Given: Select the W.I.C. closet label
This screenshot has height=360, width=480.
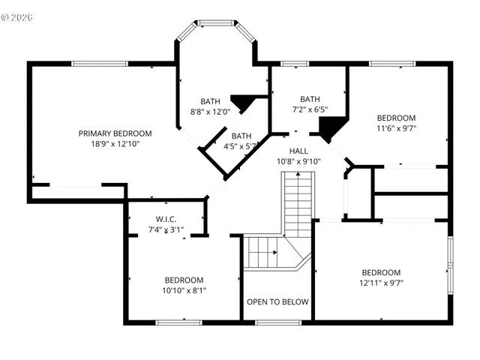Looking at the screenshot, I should tap(165, 219).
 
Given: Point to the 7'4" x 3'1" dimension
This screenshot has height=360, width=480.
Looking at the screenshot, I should tap(165, 229).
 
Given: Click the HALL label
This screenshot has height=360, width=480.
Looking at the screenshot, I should tap(298, 151).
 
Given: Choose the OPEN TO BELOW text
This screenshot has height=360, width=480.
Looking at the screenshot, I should tap(277, 301).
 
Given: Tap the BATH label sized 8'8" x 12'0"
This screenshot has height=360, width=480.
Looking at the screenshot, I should tap(210, 101).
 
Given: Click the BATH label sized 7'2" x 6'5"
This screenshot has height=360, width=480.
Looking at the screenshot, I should tap(310, 99).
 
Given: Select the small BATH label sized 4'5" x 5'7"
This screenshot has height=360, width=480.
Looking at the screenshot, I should tap(241, 136).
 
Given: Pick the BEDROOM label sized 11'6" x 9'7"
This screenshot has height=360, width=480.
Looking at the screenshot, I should tap(396, 118).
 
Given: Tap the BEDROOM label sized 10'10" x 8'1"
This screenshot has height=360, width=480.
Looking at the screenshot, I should tap(184, 279).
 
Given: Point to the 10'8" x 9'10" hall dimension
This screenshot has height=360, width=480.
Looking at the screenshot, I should tap(298, 161).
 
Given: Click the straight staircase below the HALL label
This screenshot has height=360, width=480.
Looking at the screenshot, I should tap(298, 202).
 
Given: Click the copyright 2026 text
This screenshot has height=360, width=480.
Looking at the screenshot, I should tap(22, 15).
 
